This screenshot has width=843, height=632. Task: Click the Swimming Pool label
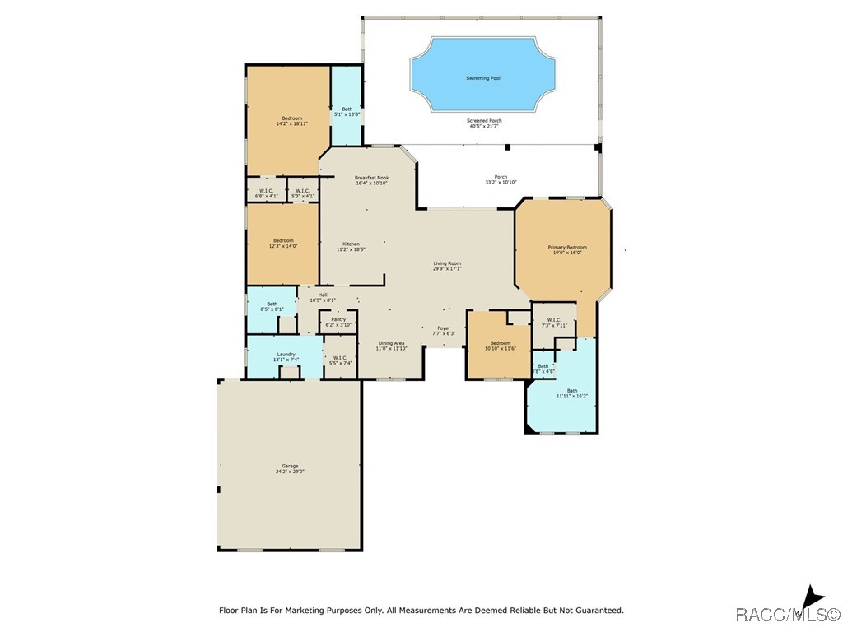(x=483, y=78)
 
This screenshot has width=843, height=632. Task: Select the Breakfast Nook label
(x=371, y=178)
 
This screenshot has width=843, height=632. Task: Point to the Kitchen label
(x=351, y=244)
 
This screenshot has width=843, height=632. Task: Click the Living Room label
(x=447, y=263)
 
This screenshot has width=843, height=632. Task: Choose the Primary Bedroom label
(x=567, y=247)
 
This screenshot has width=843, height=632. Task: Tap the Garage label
(x=290, y=466)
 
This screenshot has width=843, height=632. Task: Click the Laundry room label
(x=286, y=354)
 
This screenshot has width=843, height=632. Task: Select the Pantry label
(x=338, y=319)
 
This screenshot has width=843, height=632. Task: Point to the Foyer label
(x=444, y=328)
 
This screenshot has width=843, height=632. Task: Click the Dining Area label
(x=391, y=342)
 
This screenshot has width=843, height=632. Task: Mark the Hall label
(x=323, y=295)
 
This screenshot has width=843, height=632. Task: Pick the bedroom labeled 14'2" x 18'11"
(x=291, y=118)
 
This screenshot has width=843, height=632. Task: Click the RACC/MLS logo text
(x=787, y=614)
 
